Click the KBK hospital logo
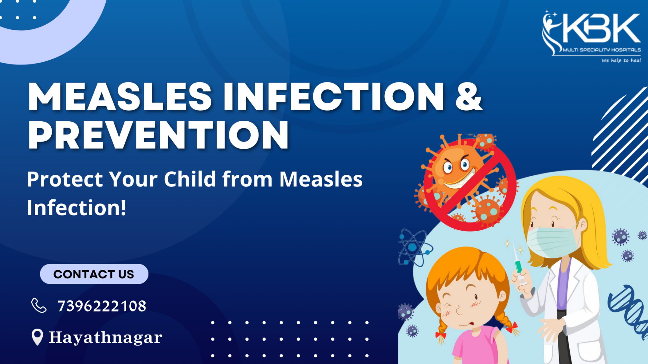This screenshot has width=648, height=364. (x=591, y=36)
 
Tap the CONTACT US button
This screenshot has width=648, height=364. (x=94, y=274)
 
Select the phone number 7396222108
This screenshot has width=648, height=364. (x=102, y=306)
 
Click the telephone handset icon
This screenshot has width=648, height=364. (x=39, y=305)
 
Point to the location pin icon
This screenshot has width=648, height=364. (x=37, y=337)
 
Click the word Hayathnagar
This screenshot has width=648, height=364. (x=106, y=337)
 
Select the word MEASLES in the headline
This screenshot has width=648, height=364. (x=120, y=96)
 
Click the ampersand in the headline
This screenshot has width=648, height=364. (x=468, y=96)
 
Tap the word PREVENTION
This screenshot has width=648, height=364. (x=159, y=135)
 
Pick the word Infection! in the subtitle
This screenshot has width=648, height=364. (x=77, y=208)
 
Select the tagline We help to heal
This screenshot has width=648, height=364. (x=621, y=60)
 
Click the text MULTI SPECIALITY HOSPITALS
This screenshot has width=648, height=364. (x=602, y=50)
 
